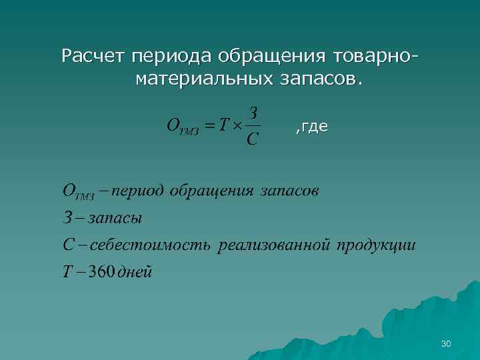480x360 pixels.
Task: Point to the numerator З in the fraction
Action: tap(252, 111)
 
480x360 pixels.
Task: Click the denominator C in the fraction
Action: tap(252, 139)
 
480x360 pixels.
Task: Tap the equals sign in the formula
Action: tap(209, 125)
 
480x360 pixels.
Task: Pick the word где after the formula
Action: tap(313, 126)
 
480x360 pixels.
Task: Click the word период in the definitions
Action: tap(137, 192)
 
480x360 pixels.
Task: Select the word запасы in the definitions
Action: tap(114, 219)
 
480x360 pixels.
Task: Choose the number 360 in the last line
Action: tap(101, 272)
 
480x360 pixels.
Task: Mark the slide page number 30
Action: tap(446, 343)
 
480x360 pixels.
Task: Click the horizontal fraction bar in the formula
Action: tap(252, 125)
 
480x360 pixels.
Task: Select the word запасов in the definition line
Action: tap(289, 192)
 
